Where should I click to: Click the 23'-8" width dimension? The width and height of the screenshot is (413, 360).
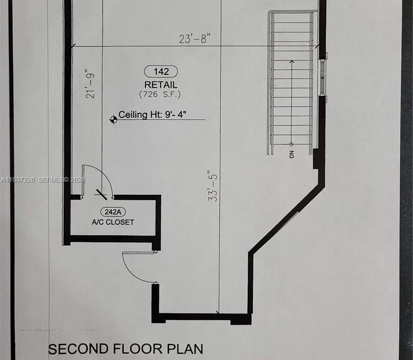pos(195,39)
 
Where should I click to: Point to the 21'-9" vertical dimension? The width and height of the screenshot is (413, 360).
pos(90,84)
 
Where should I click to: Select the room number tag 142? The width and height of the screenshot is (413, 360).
pos(161,72)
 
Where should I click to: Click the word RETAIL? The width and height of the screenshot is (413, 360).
pos(161,85)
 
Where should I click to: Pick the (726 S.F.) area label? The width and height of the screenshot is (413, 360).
pos(160,94)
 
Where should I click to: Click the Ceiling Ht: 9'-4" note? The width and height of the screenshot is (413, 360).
pos(152,115)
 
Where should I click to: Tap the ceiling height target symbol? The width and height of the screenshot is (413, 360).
pos(113,120)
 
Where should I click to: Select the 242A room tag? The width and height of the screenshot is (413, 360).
pos(113,212)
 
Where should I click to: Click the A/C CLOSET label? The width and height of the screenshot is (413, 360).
pos(113,222)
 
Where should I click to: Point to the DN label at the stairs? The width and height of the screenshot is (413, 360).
pos(291,155)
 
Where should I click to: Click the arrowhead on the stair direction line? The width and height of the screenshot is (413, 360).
pos(291,62)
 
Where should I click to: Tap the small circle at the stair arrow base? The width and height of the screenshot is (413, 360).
pos(291,144)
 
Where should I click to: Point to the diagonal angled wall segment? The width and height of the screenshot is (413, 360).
pos(286,219)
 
